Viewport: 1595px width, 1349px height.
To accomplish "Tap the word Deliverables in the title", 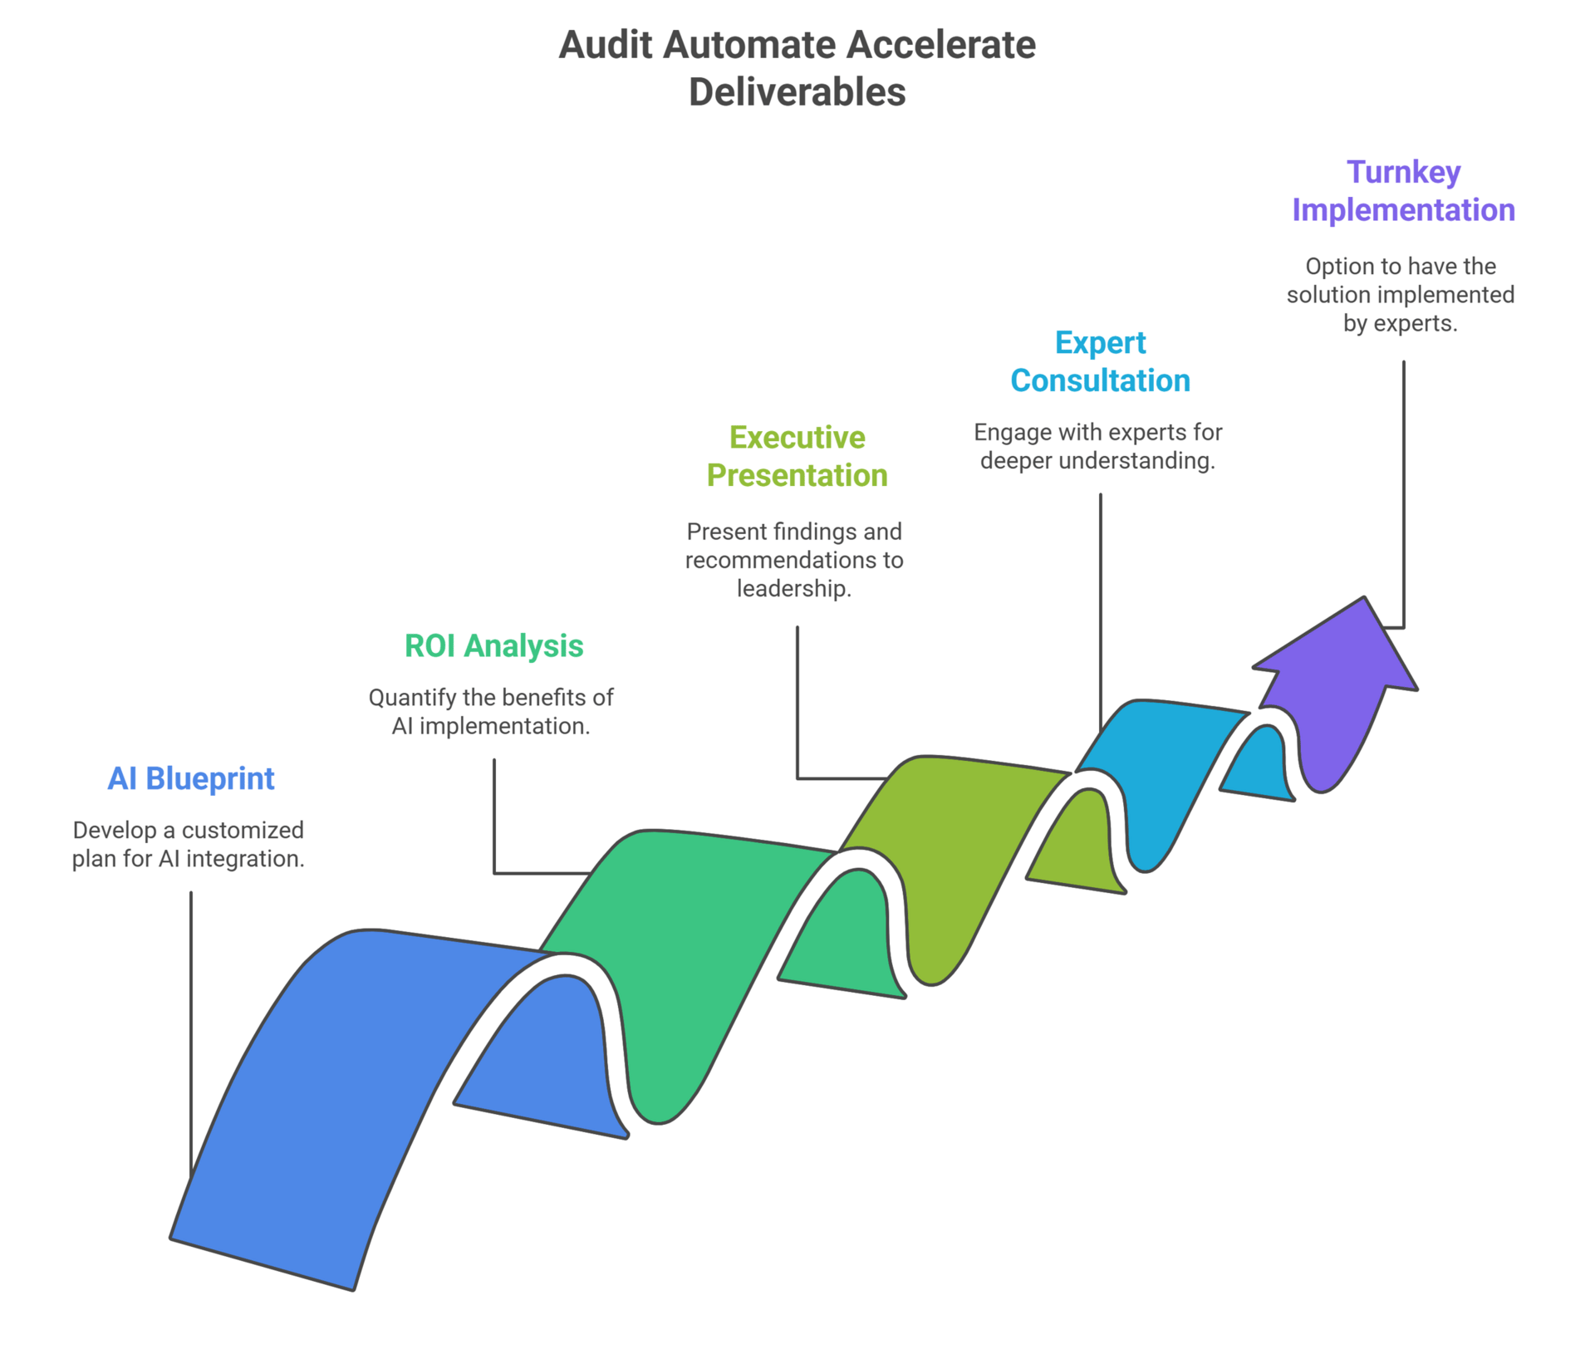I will pyautogui.click(x=797, y=92).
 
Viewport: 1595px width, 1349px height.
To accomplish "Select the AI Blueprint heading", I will pyautogui.click(x=190, y=778).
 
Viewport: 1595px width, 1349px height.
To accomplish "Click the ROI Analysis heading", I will pyautogui.click(x=493, y=645).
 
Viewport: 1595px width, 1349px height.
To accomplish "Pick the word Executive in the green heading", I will pyautogui.click(x=797, y=438).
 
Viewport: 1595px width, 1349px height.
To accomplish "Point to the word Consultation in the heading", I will pyautogui.click(x=1100, y=380).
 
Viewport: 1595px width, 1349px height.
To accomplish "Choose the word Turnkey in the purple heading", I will pyautogui.click(x=1403, y=172).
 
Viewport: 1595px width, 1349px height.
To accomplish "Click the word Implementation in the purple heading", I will pyautogui.click(x=1403, y=210).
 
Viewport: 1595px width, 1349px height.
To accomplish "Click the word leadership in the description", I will pyautogui.click(x=793, y=589).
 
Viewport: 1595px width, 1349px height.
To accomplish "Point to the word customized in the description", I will pyautogui.click(x=243, y=831).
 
